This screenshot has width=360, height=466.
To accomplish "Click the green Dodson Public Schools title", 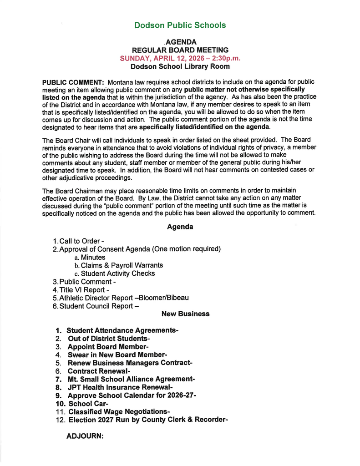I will pos(180,25).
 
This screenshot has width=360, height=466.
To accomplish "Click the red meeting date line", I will pos(180,58).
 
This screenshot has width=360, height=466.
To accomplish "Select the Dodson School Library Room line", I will pos(180,66).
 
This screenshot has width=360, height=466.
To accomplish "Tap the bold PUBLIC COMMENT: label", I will pos(73,82).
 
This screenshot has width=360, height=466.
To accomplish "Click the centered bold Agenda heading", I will pos(180,227).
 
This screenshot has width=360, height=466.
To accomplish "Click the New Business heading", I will pos(185,314).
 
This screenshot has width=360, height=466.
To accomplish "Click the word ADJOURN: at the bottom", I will pos(85,436).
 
